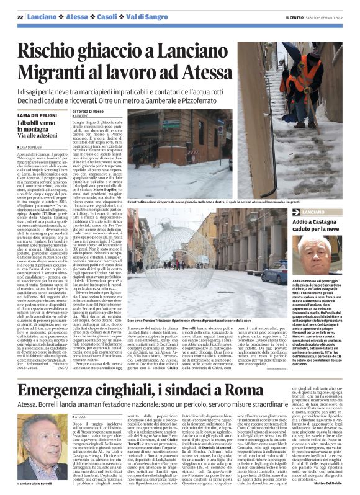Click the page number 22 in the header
pos(20,16)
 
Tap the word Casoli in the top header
pos(92,16)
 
